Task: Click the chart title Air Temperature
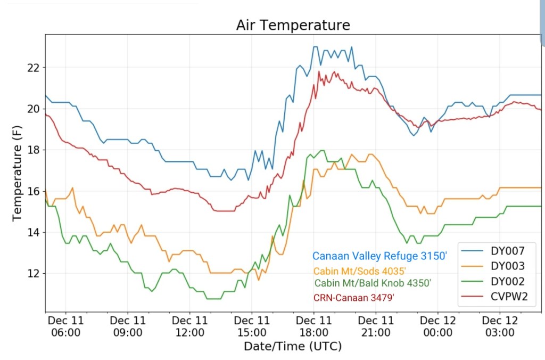coord(293,25)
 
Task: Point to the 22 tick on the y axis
coord(34,68)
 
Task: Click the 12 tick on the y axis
coord(34,274)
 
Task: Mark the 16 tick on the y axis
coord(34,191)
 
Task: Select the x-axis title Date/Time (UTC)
coord(293,346)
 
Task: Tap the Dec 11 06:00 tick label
coord(66,326)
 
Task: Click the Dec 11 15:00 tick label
coord(252,326)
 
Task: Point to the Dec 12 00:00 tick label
coord(437,326)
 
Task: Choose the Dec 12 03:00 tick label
coord(499,326)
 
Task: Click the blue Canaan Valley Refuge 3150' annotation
coord(379,256)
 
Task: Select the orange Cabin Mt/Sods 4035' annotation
coord(360,271)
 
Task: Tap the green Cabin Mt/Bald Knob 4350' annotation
coord(373,283)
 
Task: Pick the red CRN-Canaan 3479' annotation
coord(354,298)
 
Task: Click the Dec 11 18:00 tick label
coord(313,326)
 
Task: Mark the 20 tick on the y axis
coord(34,109)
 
